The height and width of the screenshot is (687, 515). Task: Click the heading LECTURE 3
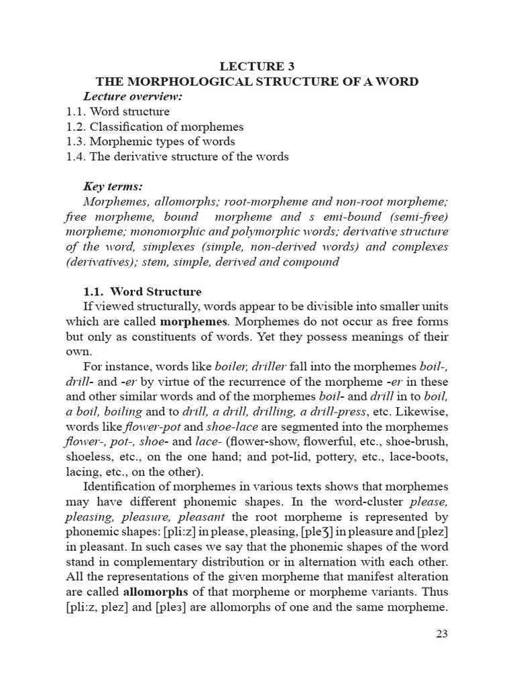257,66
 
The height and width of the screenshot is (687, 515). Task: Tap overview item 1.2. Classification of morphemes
155,126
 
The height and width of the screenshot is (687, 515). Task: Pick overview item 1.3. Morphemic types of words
151,142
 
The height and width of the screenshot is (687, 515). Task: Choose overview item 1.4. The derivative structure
178,156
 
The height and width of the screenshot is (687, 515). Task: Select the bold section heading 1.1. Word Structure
142,292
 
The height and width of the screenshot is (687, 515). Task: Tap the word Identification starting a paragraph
123,486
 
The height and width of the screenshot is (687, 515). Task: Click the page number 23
441,634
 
